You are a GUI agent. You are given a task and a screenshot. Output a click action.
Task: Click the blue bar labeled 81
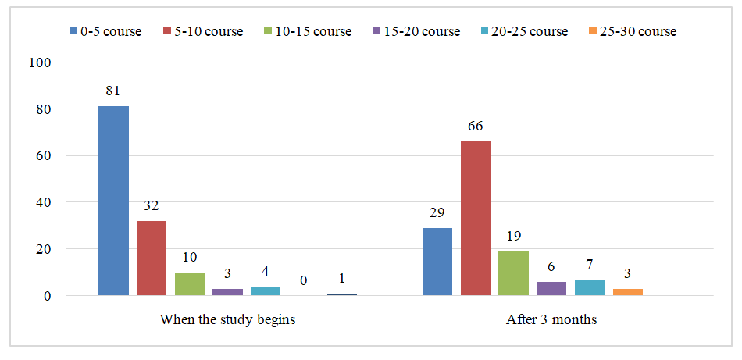coord(113,201)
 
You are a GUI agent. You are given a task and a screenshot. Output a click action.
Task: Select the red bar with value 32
coord(152,258)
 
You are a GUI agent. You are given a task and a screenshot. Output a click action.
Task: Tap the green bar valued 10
coord(190,283)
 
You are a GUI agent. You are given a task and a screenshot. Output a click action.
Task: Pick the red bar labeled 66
coord(476,218)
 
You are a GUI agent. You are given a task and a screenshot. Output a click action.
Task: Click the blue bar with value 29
coord(437,262)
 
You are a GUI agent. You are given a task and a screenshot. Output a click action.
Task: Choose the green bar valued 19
coord(514,273)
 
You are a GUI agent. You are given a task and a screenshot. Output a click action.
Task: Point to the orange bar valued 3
coord(628,291)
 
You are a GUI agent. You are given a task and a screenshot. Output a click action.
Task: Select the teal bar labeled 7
coord(590,287)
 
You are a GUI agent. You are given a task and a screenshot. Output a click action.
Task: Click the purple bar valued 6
coord(551,288)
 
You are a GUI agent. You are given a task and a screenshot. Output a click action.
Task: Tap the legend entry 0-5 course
coord(105,32)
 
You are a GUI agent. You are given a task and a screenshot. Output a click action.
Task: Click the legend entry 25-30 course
coord(632,32)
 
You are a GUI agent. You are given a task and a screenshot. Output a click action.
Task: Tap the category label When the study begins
coord(227,320)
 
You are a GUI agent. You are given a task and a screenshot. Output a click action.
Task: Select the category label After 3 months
coord(552,320)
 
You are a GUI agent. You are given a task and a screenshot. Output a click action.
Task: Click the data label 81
coord(113,91)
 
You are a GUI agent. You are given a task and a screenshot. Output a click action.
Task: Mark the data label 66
coord(476,126)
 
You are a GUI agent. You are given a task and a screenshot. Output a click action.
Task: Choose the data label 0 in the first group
coord(304,280)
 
